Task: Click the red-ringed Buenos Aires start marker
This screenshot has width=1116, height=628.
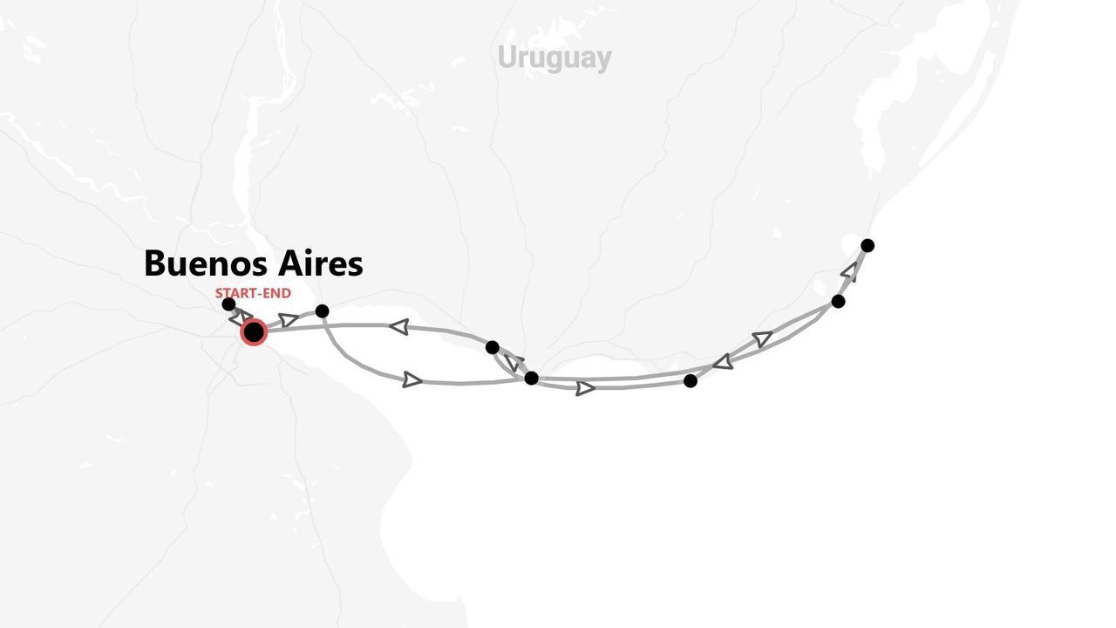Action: point(254,332)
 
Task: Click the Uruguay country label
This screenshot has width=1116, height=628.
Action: point(554,58)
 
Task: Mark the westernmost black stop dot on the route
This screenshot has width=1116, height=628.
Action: point(228,304)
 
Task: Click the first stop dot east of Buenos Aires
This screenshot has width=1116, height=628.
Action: point(322,311)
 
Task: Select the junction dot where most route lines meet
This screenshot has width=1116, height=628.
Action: point(531,379)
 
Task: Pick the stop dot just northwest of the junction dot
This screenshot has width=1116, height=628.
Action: point(493,347)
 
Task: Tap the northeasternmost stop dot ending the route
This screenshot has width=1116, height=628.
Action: point(868,246)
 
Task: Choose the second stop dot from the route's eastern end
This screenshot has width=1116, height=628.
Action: point(838,302)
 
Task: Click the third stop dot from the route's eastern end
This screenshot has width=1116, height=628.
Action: point(691,381)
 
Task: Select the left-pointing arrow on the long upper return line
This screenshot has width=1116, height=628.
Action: point(399,327)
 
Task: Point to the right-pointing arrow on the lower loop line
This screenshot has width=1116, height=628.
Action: point(412,380)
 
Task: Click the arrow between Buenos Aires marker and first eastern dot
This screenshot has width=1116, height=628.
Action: point(289,320)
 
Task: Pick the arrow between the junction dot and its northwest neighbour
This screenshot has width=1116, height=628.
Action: point(512,362)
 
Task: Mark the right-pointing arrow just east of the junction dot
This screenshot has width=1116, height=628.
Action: point(585,388)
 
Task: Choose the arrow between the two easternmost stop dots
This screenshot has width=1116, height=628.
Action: point(849,270)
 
